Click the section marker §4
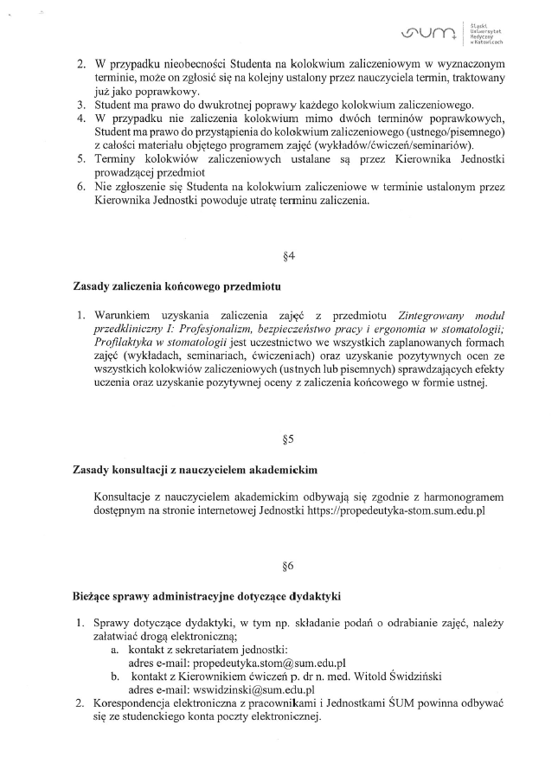tap(289, 256)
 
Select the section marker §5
tap(289, 439)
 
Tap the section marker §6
tap(289, 567)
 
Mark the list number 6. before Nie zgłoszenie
tap(80, 187)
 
